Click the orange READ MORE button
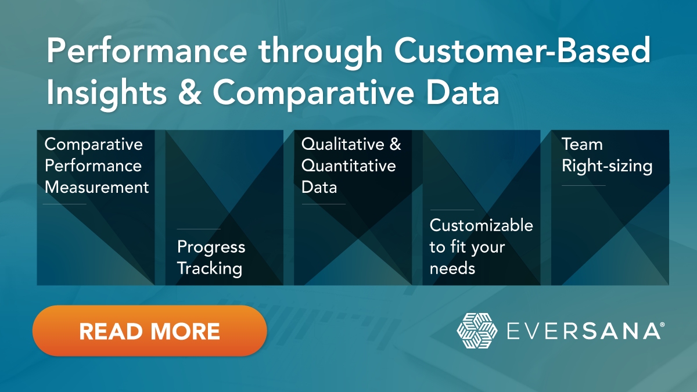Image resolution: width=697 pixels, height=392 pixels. coord(149,330)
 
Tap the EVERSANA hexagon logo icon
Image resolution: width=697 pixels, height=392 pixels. coord(477,331)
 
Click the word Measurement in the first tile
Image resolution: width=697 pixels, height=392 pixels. coord(97,187)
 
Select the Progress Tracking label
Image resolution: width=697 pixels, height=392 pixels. coord(211,257)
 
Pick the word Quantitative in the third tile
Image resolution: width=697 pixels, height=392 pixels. coord(348,166)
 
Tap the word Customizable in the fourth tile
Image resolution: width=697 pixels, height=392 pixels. coord(481,225)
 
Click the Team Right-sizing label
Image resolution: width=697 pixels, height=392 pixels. coord(606,155)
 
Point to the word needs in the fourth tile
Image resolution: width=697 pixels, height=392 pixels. coord(452,268)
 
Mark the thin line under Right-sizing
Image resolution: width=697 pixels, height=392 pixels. coord(583,186)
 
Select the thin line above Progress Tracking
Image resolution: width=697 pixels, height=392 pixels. coord(199,229)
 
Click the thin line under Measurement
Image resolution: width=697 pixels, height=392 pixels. coord(64,204)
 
